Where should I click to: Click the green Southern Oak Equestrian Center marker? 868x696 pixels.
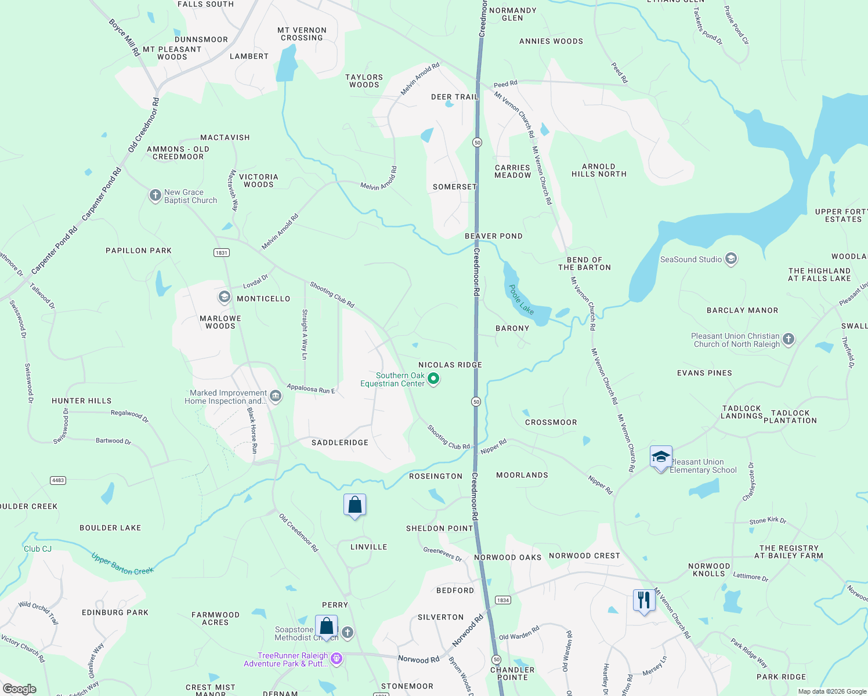[433, 379]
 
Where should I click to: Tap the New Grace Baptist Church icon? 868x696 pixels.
[155, 195]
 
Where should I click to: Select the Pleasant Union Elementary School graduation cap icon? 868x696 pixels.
[661, 457]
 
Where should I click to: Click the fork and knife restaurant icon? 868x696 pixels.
[643, 600]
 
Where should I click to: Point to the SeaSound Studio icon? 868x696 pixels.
[731, 259]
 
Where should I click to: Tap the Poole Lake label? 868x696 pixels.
[521, 299]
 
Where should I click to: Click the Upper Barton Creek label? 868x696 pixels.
[122, 564]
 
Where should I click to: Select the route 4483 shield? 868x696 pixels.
[58, 480]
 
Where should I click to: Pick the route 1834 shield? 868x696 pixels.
[502, 600]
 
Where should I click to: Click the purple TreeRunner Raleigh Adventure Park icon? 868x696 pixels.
[337, 659]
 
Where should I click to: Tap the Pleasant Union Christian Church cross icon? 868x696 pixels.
[788, 339]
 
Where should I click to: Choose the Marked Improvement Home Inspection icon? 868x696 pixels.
[276, 396]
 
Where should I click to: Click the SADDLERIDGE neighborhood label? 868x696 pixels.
[340, 443]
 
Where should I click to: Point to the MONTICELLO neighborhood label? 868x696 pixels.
[263, 299]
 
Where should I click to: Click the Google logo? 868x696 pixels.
[19, 688]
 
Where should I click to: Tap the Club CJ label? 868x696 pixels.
[38, 549]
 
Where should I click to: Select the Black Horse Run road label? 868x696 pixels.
[252, 430]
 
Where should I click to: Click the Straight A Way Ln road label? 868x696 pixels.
[304, 334]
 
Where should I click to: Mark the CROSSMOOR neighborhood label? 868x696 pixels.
[551, 422]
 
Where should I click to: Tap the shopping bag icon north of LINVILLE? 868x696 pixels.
[355, 505]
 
